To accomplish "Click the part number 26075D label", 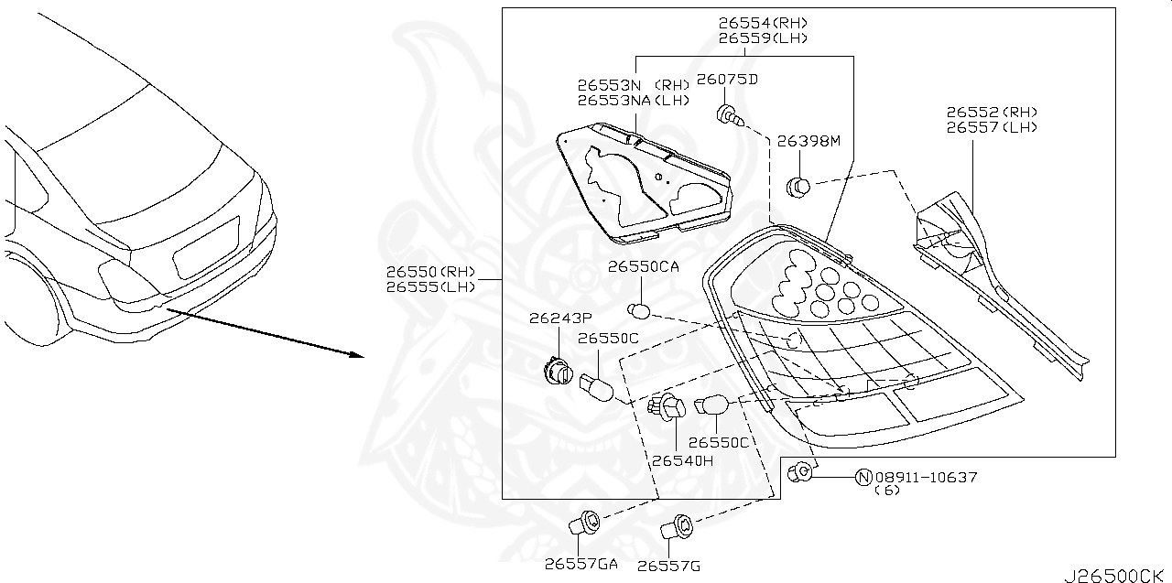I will [727, 80].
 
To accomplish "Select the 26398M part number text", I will [808, 142].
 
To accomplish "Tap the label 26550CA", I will [643, 266].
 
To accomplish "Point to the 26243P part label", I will [561, 318].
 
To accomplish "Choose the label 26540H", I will [681, 460].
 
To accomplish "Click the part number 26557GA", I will [581, 564].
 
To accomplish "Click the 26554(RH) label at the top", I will [763, 23].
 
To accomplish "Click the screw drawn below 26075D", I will [729, 115].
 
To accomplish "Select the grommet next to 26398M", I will [799, 187].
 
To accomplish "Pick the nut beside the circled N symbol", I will [801, 472].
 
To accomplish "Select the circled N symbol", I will [863, 477].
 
